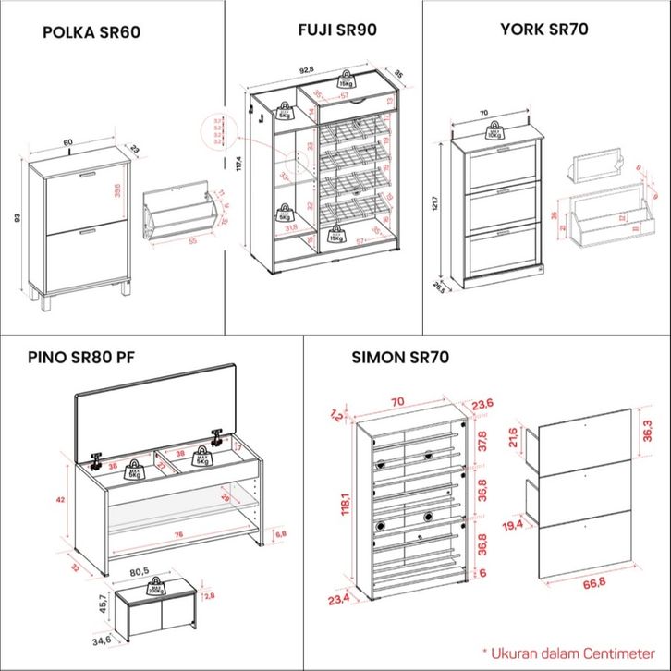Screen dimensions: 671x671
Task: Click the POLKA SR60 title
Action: point(91,33)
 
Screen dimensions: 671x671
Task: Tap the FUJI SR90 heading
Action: point(337,30)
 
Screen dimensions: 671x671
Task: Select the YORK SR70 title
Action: point(544,30)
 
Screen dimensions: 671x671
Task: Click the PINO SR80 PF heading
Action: point(81,357)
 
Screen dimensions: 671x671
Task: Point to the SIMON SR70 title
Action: point(400,357)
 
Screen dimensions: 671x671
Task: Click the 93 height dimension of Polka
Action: point(17,218)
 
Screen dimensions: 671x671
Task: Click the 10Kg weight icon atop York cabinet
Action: point(495,130)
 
